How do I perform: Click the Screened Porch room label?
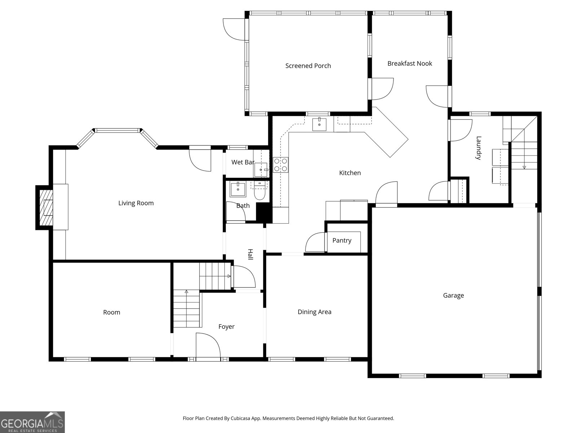(308, 66)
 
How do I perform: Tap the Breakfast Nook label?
(410, 64)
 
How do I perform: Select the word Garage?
(453, 296)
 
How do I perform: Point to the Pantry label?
(342, 240)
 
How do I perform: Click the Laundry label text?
(479, 148)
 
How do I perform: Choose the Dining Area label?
(314, 312)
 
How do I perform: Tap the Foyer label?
(226, 327)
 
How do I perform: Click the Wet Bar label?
(243, 162)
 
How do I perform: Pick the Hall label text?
(251, 254)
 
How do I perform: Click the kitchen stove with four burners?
(281, 165)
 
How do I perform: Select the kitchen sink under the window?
(319, 124)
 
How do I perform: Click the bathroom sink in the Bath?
(238, 189)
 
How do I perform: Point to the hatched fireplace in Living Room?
(46, 207)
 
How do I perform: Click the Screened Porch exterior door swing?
(234, 30)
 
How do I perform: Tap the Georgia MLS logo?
(32, 422)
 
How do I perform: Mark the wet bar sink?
(261, 170)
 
